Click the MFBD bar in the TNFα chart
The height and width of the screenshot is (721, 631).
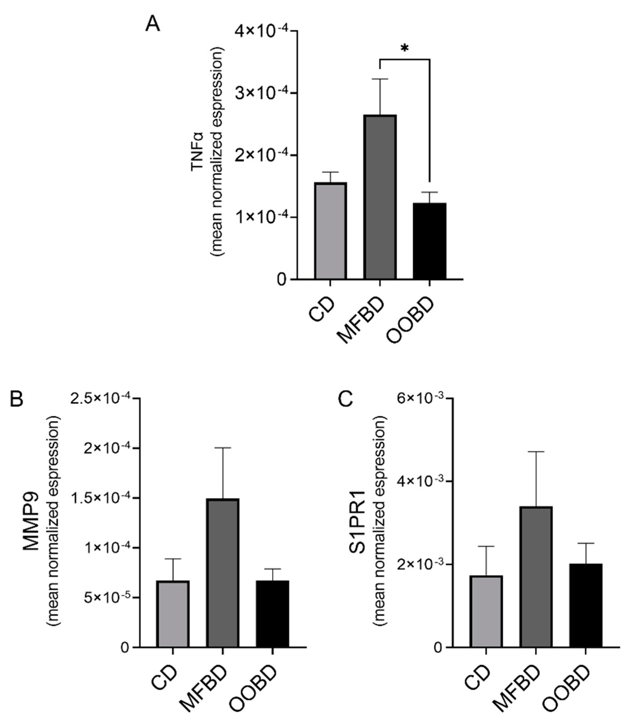[380, 197]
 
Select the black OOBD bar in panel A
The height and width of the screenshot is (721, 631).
[430, 241]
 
